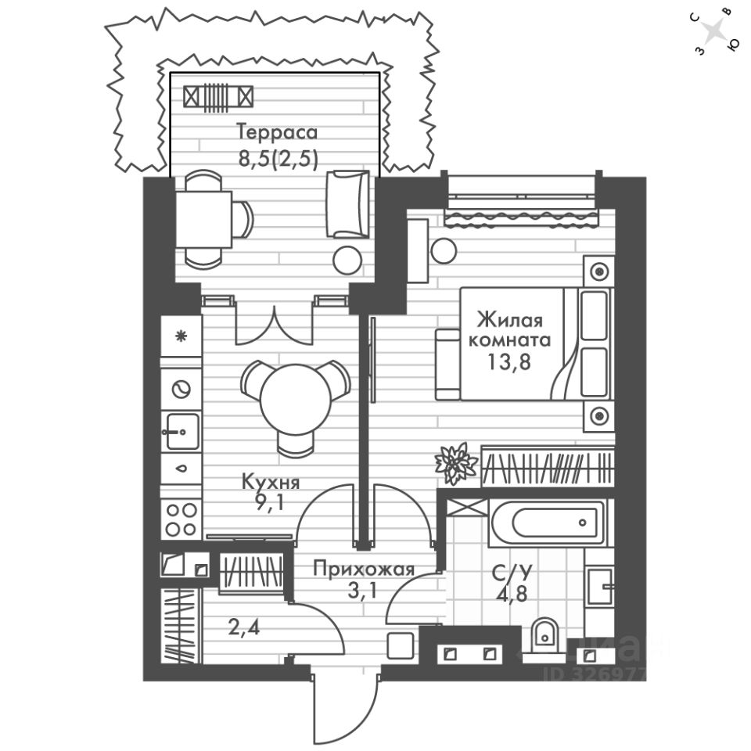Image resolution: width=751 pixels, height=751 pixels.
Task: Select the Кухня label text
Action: coord(271,483)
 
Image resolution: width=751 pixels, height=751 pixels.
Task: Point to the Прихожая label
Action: coord(363,569)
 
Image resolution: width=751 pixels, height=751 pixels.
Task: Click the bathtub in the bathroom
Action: coord(547,522)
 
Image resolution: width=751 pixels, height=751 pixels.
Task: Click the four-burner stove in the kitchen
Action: coord(181,518)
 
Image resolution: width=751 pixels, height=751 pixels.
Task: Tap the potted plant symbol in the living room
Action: coord(454,462)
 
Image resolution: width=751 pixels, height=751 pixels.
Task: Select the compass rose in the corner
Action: coord(713,32)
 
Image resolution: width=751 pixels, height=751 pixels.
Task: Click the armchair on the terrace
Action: coord(346,203)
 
